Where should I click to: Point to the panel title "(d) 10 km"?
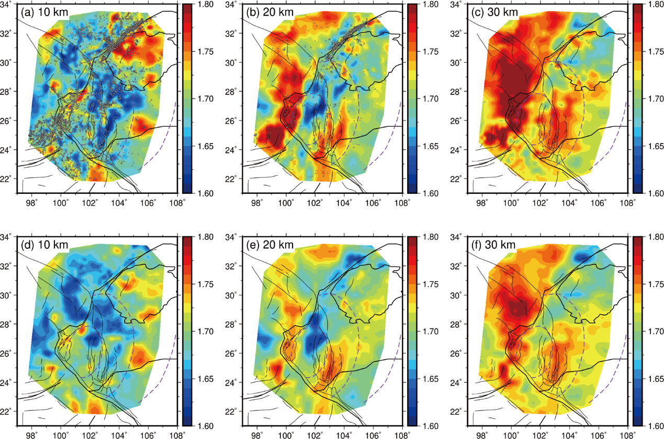(42, 245)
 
